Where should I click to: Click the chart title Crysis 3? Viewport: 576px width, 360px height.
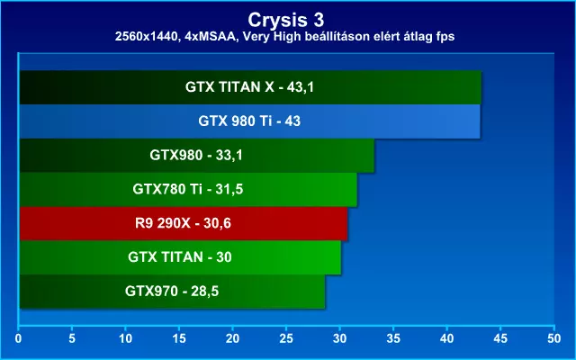pos(286,20)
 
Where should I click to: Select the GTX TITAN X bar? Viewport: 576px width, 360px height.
pos(250,87)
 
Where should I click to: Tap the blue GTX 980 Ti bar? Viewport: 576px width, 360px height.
pos(250,121)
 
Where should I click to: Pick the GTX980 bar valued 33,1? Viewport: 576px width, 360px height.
pos(197,156)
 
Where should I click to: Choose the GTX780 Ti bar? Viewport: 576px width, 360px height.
pos(188,190)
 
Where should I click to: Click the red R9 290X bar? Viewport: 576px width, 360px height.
pos(184,223)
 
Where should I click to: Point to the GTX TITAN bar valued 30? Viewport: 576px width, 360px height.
pos(180,257)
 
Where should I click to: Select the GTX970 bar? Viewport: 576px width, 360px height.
pos(172,292)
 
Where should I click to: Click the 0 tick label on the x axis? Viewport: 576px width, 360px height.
pos(18,338)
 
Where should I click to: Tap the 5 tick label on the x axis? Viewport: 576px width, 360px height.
pos(72,338)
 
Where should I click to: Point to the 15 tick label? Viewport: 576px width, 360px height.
pos(179,338)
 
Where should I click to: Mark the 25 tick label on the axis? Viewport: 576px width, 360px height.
pos(286,338)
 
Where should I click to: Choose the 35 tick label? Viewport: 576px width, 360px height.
pos(393,338)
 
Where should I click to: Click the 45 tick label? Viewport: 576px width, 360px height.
pos(500,338)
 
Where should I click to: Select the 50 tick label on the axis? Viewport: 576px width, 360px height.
pos(554,338)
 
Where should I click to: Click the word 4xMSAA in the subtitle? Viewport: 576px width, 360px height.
pos(210,37)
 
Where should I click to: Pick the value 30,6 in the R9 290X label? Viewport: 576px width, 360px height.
pos(217,223)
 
